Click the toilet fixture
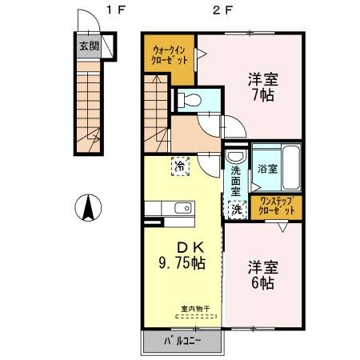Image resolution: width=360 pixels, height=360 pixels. tap(189, 101)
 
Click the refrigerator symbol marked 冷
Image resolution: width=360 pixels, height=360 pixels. tap(181, 167)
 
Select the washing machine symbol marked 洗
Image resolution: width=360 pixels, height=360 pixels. tap(237, 208)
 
